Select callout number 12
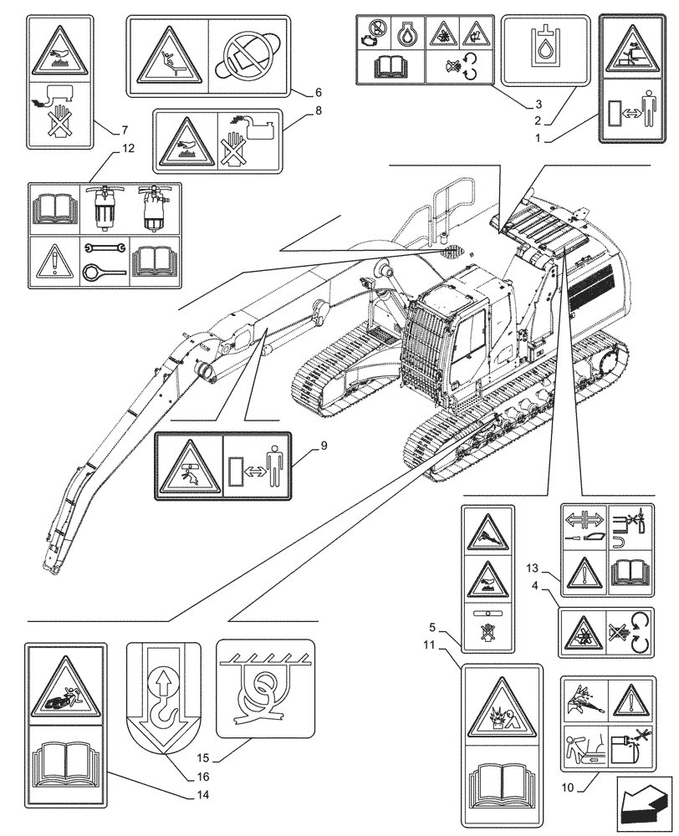127,149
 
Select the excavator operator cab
452,334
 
